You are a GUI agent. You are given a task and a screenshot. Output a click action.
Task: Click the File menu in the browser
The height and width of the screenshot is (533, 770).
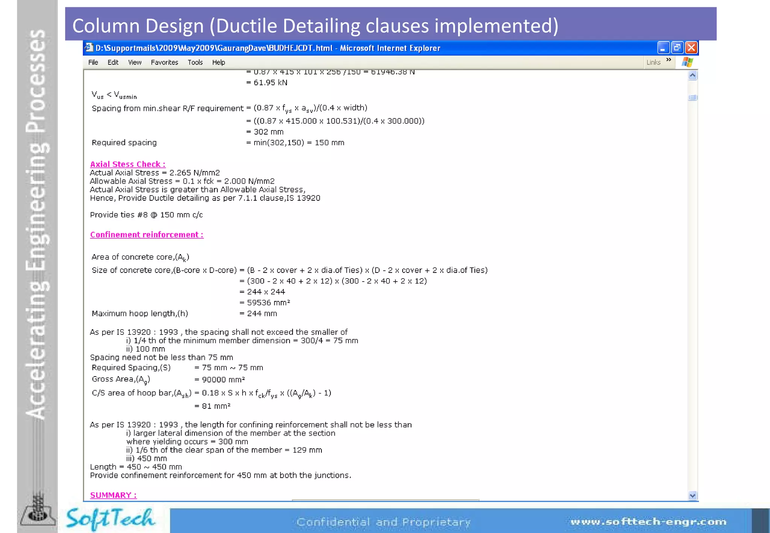coord(93,62)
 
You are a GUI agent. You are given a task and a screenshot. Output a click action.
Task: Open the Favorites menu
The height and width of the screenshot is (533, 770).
coord(164,62)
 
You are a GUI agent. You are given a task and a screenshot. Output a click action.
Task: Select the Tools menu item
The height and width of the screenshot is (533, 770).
coord(195,62)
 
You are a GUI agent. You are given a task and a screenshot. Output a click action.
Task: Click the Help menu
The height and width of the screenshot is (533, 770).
coord(218,62)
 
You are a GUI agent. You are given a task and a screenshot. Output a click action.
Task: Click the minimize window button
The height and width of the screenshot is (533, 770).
coord(663,48)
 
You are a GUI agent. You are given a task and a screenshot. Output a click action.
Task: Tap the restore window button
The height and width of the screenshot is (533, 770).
coord(677,48)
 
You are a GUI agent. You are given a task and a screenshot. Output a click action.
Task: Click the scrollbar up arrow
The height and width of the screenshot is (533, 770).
coord(693,76)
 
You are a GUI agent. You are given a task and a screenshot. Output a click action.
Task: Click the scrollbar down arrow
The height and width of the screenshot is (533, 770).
coord(693,496)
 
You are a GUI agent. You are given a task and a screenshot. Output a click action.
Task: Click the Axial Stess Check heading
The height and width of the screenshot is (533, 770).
coord(127,164)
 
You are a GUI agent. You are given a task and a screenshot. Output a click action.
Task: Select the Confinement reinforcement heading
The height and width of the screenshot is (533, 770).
coord(147,235)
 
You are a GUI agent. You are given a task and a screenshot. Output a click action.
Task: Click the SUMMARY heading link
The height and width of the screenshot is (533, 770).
coord(113,495)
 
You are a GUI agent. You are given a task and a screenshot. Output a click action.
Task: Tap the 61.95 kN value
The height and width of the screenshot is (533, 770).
coord(270,83)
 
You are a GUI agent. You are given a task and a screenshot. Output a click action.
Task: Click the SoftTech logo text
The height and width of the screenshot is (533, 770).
coord(110,519)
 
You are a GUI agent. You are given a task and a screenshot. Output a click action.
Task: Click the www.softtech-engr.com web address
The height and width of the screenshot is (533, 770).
coord(648,522)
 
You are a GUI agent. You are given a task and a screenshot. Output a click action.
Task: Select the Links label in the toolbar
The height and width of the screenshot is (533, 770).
coord(653,62)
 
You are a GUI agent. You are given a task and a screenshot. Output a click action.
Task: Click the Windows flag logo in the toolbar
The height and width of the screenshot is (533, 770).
coord(687,62)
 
